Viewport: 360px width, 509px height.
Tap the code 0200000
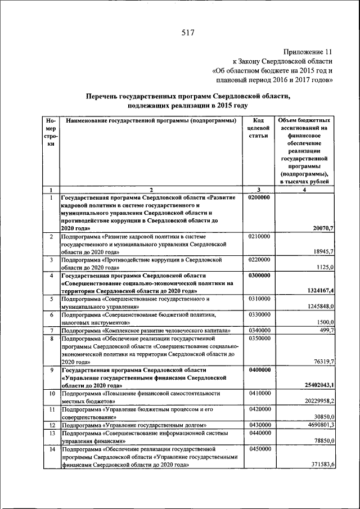tap(259, 198)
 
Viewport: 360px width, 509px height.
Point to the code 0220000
tap(259, 260)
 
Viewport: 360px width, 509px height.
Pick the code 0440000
tap(259, 433)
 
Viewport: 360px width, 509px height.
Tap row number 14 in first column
tap(51, 449)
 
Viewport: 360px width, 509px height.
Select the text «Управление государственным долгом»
tap(158, 425)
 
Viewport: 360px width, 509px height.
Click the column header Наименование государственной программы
tap(151, 121)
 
